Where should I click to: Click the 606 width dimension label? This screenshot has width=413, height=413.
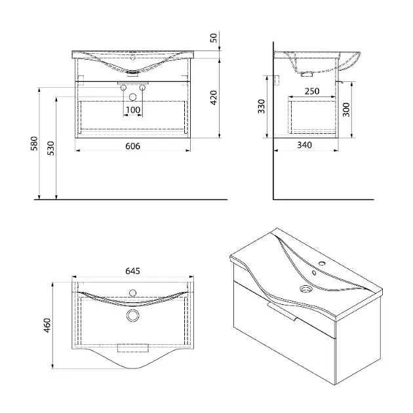pos(132,146)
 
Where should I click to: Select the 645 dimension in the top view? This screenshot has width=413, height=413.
pos(132,271)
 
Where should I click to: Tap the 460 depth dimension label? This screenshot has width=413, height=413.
pos(47,325)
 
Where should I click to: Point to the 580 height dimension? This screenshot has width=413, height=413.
pos(34,144)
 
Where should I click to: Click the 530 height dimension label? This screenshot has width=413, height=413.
pos(50,148)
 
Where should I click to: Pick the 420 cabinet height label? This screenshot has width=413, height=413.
pos(214,98)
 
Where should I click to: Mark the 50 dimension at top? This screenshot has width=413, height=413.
pos(214,37)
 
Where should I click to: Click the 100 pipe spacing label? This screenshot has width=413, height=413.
pos(133,110)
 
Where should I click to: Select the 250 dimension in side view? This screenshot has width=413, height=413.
pos(312,91)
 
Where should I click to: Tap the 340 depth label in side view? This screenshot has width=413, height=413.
pos(304,145)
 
